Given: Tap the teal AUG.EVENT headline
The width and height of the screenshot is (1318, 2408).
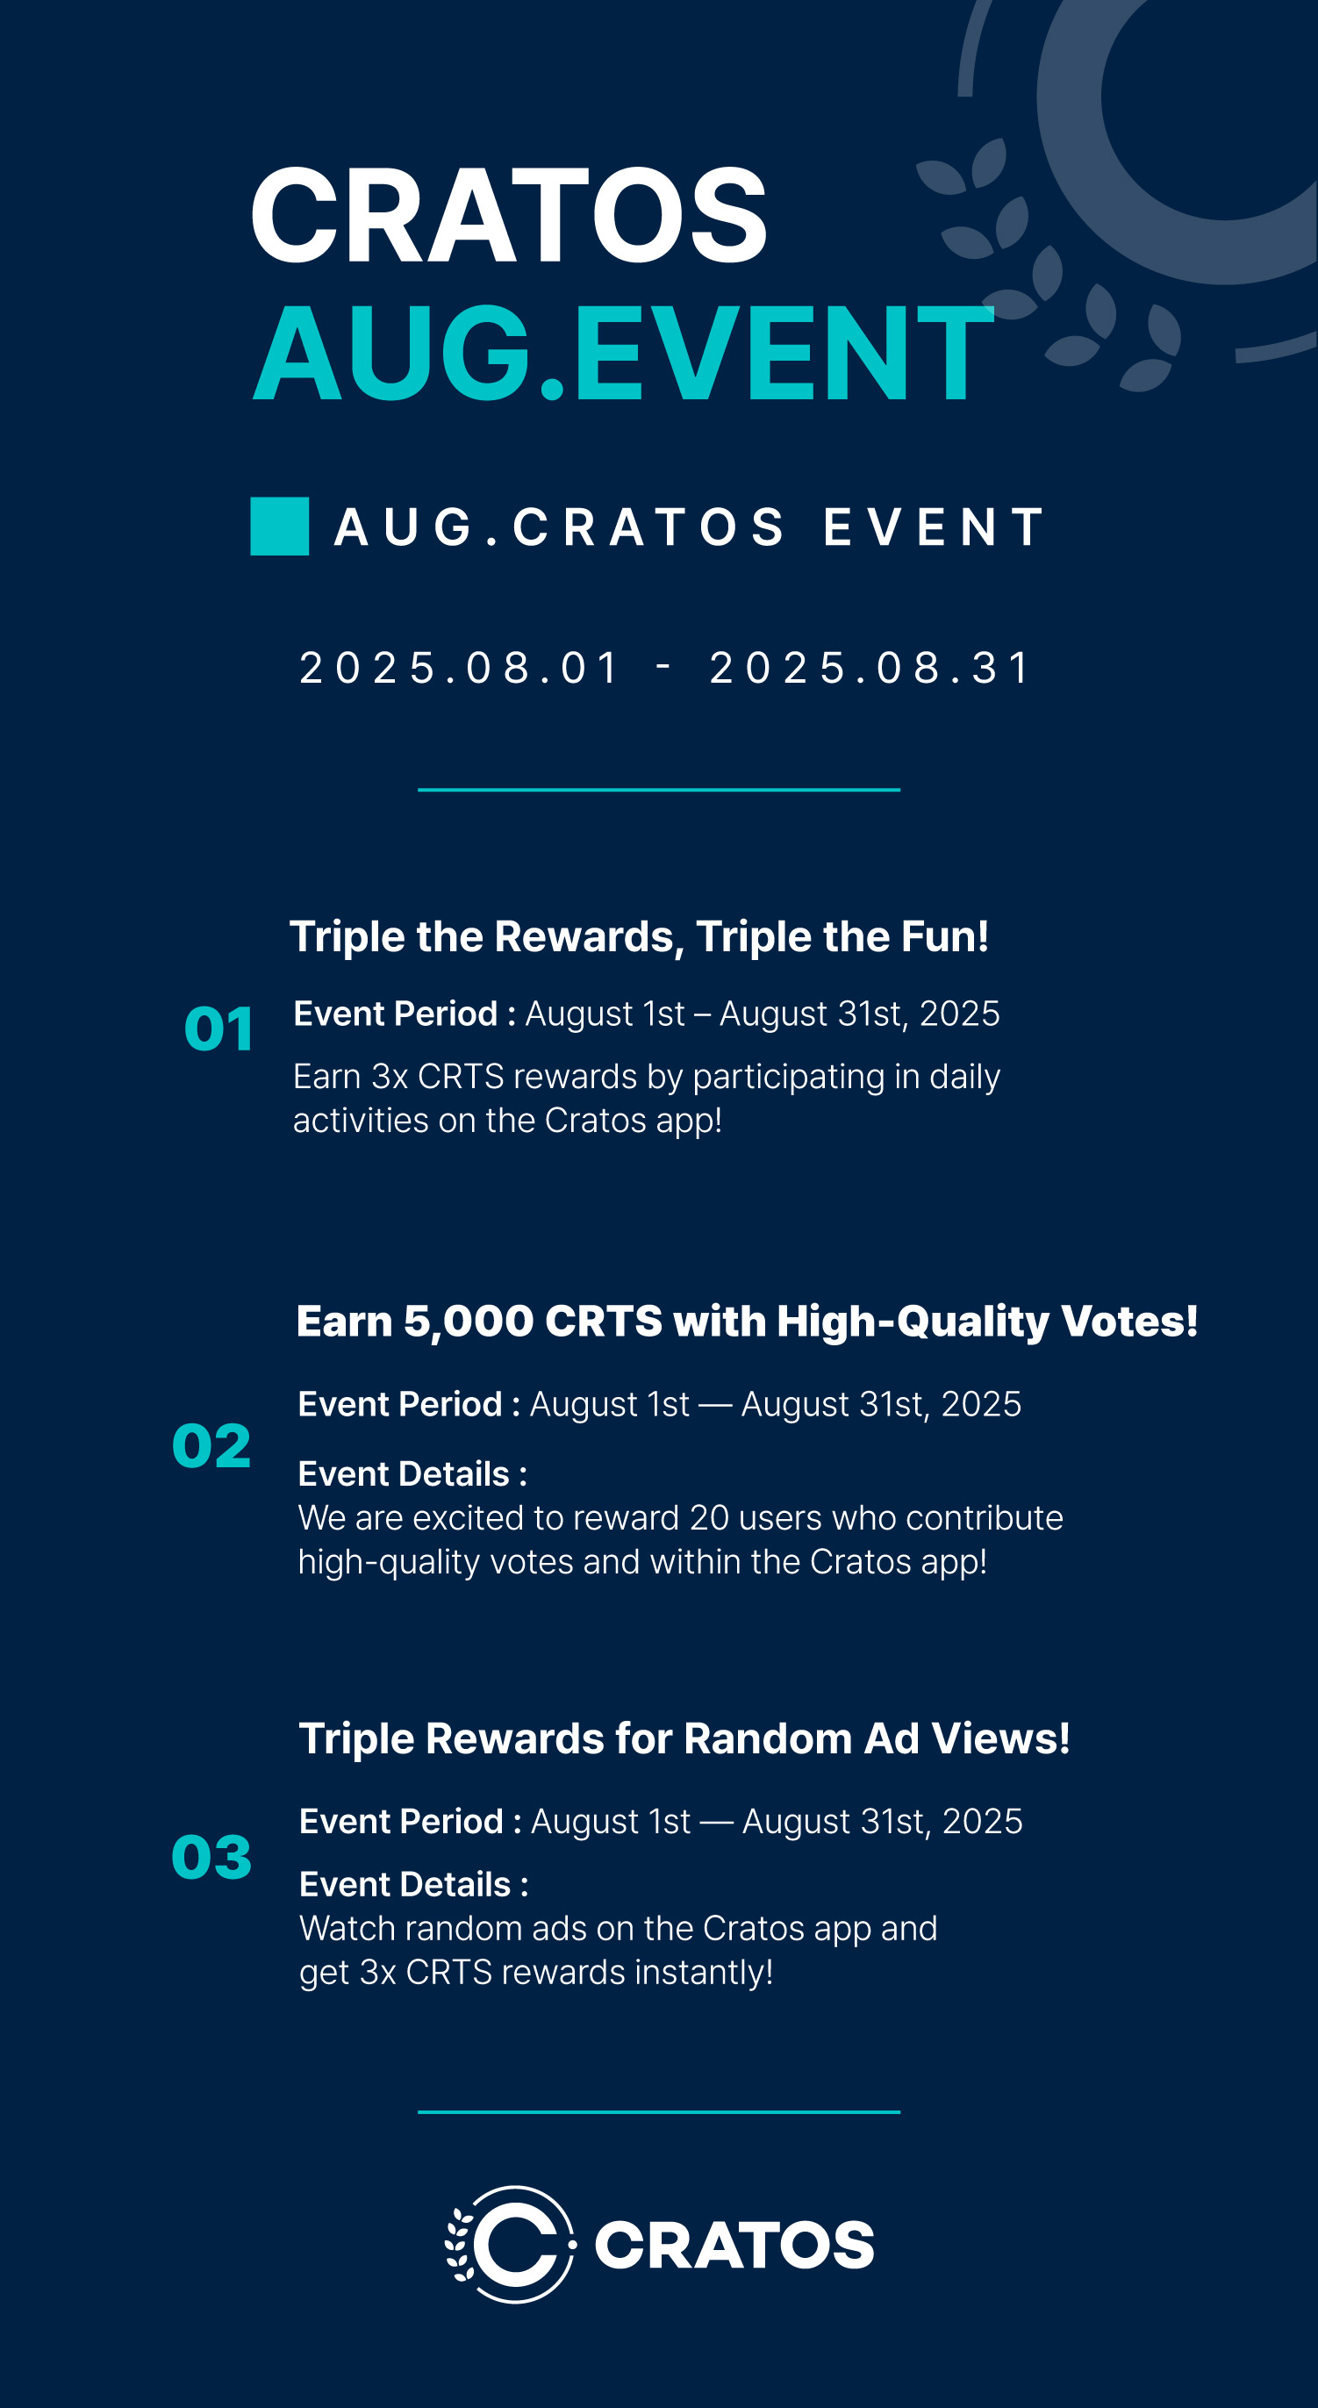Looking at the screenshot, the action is (x=624, y=354).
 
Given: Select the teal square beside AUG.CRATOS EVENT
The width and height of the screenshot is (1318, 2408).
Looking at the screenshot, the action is (x=280, y=527).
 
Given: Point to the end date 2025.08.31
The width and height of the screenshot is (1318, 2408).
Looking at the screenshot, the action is (x=870, y=669).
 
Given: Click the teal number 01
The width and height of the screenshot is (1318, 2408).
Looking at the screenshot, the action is (x=218, y=1029).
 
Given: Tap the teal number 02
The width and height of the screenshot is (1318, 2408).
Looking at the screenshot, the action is (x=211, y=1446).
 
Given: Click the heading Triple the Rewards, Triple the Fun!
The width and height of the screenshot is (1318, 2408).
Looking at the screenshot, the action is (x=640, y=936).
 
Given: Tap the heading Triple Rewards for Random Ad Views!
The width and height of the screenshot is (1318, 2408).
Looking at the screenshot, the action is (x=684, y=1738).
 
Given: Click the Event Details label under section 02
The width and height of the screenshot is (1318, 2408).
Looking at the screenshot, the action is (x=412, y=1474).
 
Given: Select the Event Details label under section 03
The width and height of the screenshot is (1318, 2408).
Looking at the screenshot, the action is (x=414, y=1884).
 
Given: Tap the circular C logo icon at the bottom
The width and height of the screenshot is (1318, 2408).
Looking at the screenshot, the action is (x=511, y=2245).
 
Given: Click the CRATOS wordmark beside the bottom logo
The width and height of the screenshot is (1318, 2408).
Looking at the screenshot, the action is (x=734, y=2246).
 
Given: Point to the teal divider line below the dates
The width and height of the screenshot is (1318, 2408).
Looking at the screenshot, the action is (x=659, y=790).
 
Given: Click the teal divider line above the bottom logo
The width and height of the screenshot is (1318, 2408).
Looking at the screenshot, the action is (x=659, y=2111).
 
